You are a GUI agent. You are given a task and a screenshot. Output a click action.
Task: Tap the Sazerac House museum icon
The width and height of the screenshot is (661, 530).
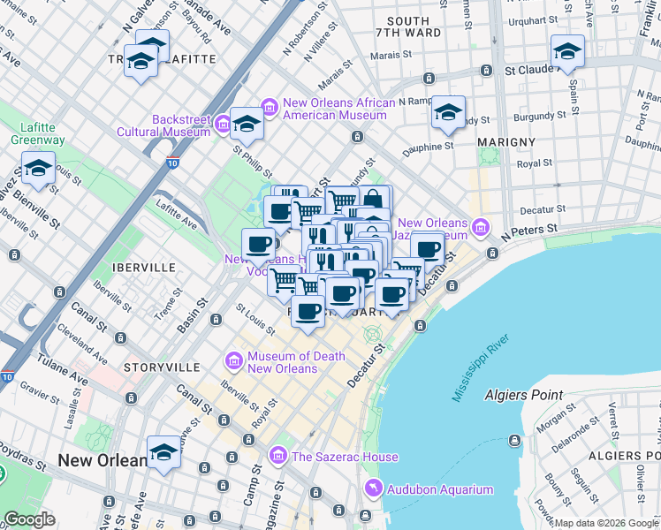278,456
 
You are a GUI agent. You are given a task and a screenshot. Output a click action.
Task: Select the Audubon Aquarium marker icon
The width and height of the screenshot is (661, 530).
376,489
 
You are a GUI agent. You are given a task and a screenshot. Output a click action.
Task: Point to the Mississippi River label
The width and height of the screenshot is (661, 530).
482,367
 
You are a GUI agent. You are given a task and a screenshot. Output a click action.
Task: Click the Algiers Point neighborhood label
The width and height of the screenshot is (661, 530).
530,395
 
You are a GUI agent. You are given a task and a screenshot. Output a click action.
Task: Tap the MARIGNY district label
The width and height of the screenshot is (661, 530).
506,141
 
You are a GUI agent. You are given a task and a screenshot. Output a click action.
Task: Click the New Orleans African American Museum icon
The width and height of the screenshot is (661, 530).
270,108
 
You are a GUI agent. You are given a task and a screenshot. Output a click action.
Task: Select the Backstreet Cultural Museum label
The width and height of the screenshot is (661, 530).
168,125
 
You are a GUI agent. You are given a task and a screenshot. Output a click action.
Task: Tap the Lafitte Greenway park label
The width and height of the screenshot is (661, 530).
38,132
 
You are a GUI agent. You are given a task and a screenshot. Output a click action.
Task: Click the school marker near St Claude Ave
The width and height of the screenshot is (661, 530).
566,50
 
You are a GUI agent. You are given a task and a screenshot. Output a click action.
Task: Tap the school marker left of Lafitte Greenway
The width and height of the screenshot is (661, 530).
38,169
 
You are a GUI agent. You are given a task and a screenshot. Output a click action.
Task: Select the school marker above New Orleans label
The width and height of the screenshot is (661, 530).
163,452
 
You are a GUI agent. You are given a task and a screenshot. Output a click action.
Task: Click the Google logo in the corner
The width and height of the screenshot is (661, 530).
29,519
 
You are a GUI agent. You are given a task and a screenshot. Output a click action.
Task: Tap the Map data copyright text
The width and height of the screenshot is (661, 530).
606,523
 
